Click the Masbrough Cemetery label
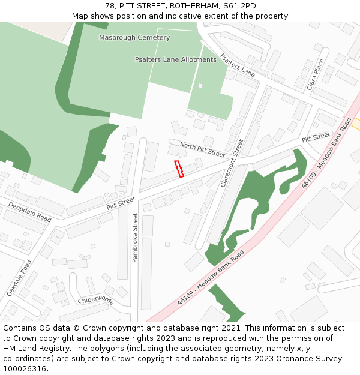coord(134,37)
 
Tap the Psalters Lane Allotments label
coord(175,59)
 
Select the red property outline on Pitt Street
coord(179,169)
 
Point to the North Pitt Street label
coord(202,149)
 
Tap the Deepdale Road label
coord(29,212)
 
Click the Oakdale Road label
coord(19,278)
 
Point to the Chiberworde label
coord(96,300)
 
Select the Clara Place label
coord(315,74)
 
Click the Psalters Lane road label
coord(238,65)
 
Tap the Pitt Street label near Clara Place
coord(316,138)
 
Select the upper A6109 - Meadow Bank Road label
coord(326,153)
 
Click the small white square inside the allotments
coord(200,86)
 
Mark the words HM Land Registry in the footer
coord(31,349)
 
